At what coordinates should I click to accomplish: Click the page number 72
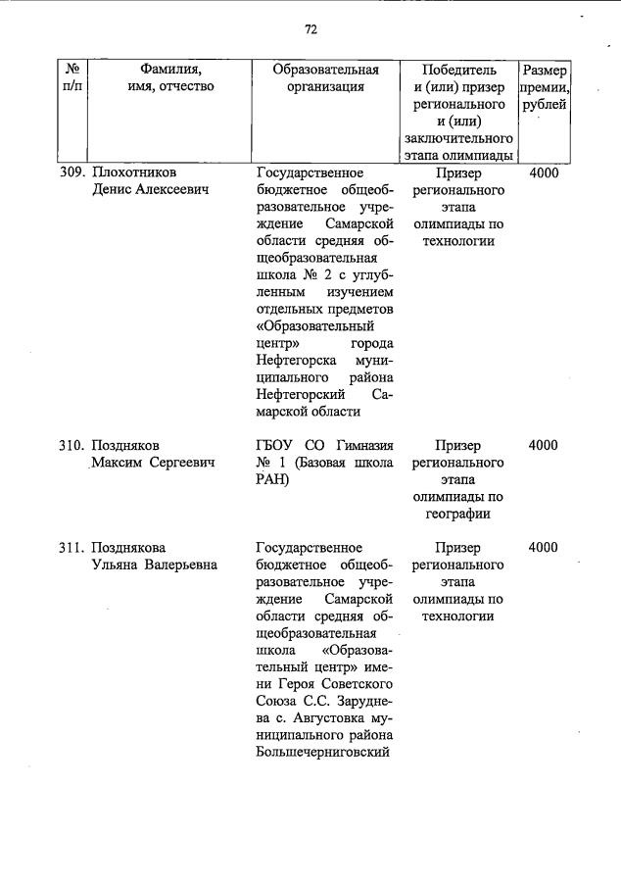point(310,29)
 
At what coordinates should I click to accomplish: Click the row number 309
point(72,173)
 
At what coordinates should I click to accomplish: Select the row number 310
point(72,445)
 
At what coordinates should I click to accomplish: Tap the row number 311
point(72,548)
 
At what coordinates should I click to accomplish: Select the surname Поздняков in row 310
point(125,445)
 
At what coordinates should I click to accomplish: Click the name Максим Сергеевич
point(155,463)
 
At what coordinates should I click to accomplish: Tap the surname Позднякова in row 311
point(129,548)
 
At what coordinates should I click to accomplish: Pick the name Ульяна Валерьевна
point(155,565)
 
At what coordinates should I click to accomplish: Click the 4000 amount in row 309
point(544,173)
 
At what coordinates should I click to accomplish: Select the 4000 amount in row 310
point(544,445)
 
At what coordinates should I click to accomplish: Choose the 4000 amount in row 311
point(544,548)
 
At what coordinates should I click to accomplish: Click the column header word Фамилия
point(170,70)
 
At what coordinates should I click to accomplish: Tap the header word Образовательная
point(326,70)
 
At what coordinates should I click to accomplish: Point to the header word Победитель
point(458,70)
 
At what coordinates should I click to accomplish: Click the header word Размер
point(544,71)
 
